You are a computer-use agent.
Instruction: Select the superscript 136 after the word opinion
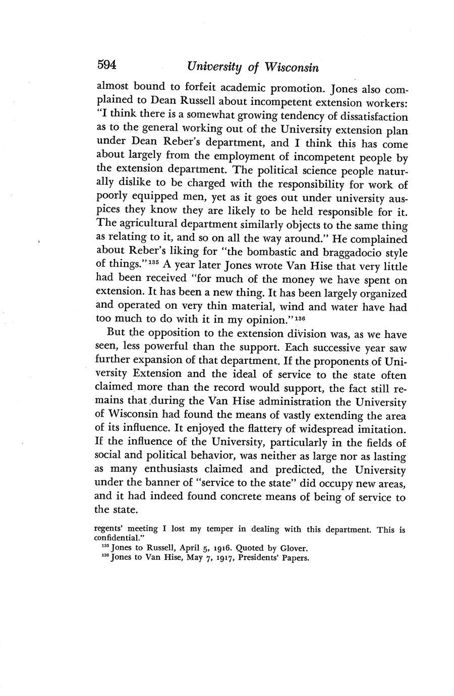tap(300, 319)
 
